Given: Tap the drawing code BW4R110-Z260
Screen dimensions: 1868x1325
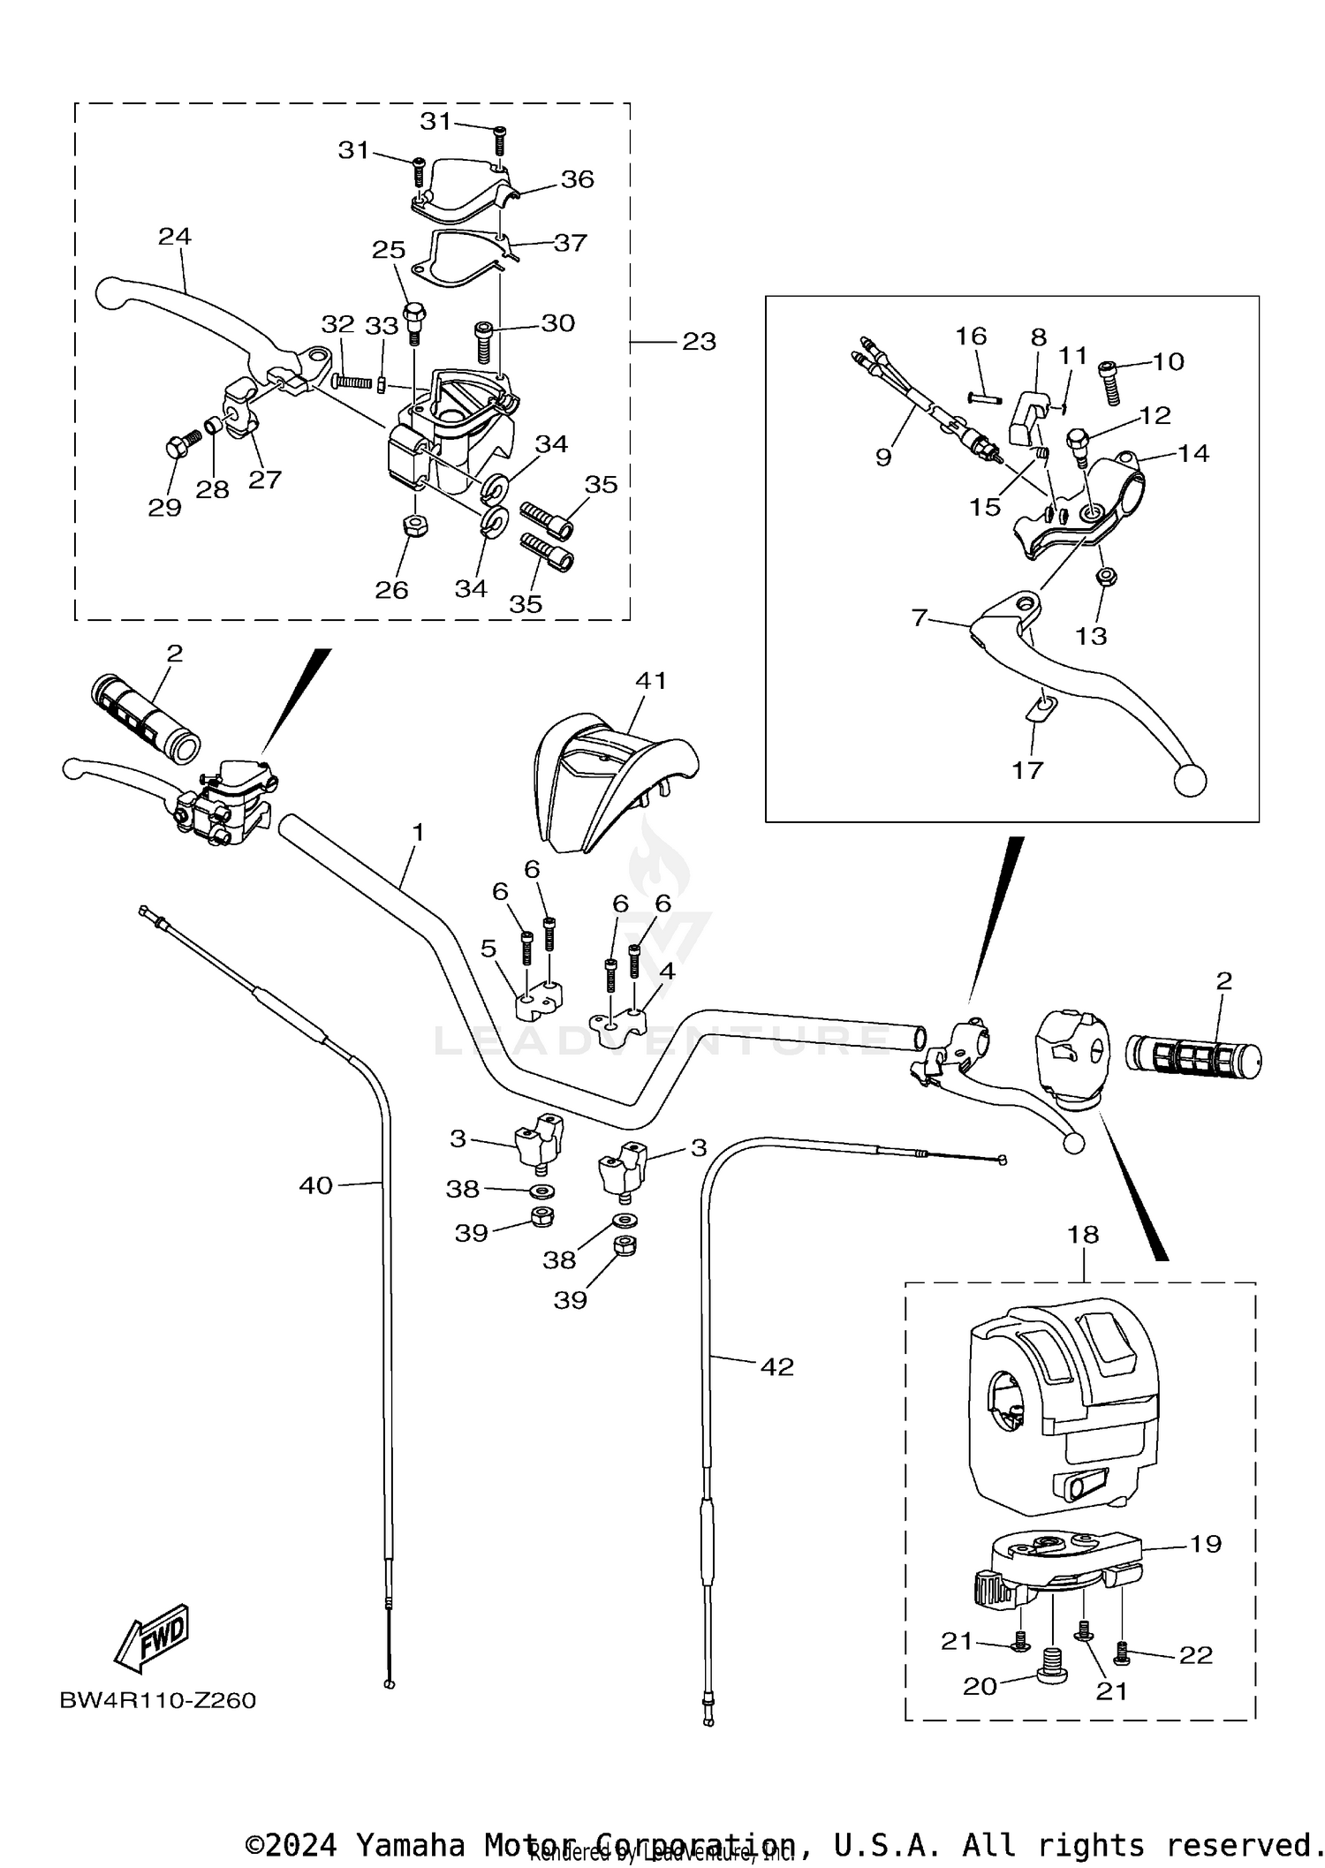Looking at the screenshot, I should point(157,1700).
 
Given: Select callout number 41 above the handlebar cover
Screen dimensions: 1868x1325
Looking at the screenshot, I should point(651,681).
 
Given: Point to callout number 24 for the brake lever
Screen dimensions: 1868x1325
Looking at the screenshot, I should point(175,237).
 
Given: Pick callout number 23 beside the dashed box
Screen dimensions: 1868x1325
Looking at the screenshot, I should point(699,342).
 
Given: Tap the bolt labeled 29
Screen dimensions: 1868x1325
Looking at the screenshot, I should point(175,448).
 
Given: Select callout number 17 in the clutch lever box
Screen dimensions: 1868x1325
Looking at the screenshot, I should point(1027,770).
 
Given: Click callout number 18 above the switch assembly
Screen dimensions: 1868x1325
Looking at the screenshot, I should point(1084,1234).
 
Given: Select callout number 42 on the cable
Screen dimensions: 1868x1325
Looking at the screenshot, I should point(777,1367).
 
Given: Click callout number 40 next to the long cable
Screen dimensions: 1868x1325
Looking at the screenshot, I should point(315,1185).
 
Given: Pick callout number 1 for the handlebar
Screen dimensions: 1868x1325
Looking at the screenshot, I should point(419,832).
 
